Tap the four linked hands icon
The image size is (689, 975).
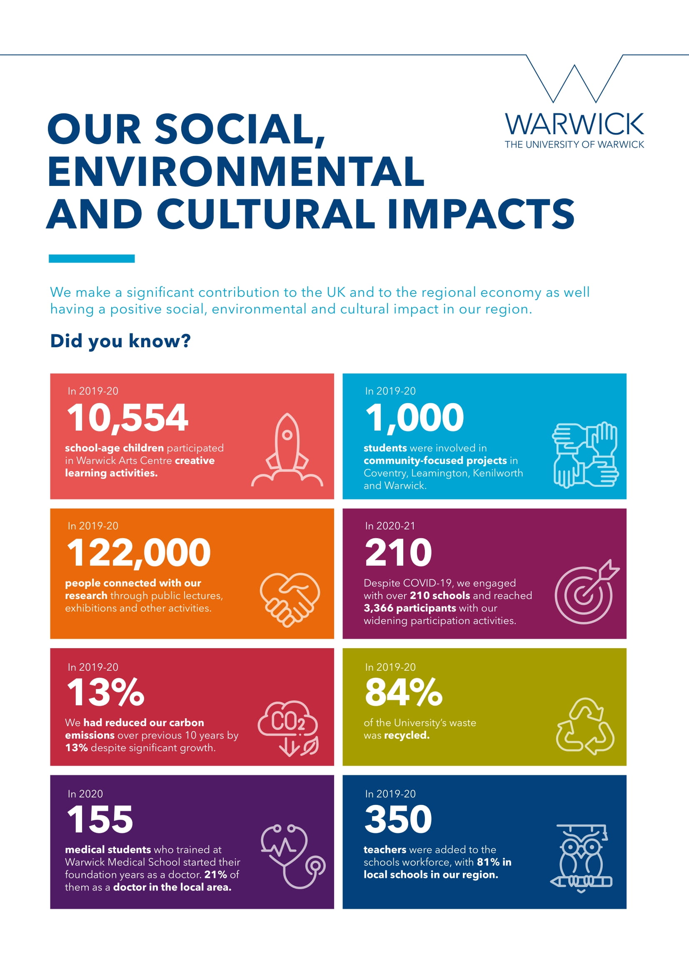[x=585, y=455]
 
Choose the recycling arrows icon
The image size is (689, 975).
[x=585, y=726]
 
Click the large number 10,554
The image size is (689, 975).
[x=127, y=418]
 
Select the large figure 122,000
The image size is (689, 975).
[x=139, y=552]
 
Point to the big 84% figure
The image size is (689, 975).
[x=404, y=692]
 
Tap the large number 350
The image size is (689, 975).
[x=398, y=819]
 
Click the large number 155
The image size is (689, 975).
[x=100, y=819]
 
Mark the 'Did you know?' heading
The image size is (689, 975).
[x=120, y=341]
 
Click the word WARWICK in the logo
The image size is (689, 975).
[x=574, y=124]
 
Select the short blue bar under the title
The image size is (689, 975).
[x=92, y=258]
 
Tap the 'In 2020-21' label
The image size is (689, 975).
[x=390, y=526]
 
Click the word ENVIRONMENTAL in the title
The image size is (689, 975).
[x=236, y=171]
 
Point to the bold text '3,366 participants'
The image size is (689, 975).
[x=409, y=608]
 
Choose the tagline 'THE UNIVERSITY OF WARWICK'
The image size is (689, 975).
[x=574, y=145]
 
